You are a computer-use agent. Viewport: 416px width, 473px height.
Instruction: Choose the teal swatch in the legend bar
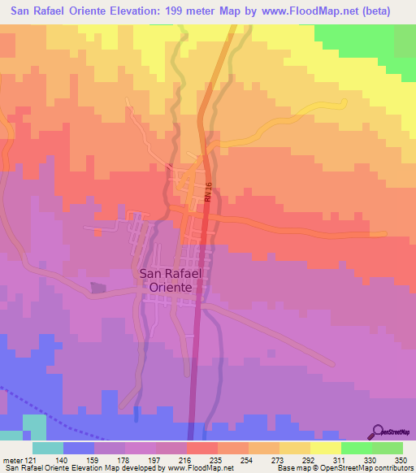click(x=47, y=448)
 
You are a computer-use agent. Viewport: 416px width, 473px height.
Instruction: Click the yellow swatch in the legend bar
click(x=325, y=448)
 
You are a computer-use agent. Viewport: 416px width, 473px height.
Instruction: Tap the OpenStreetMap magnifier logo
click(x=379, y=431)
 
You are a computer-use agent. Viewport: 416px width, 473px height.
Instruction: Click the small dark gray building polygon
click(x=98, y=288)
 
